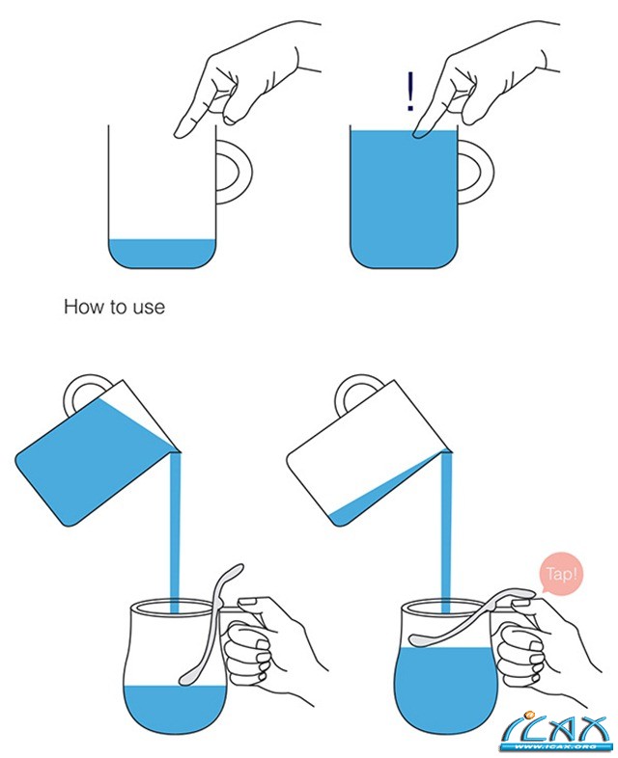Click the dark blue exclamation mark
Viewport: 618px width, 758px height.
pos(410,92)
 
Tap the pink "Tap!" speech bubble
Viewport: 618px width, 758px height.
pos(561,575)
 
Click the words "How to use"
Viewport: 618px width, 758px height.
pos(114,307)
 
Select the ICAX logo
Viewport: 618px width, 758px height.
pos(554,731)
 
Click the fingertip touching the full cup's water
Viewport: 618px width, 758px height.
pos(420,133)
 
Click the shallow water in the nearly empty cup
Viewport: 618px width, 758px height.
pos(161,254)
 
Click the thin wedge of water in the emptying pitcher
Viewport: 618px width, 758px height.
pos(382,494)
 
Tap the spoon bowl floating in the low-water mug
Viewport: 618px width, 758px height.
pos(187,677)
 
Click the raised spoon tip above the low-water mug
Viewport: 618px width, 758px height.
pos(236,571)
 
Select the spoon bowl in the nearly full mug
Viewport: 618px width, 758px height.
pos(421,640)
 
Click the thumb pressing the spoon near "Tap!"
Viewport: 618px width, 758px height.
pos(522,602)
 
